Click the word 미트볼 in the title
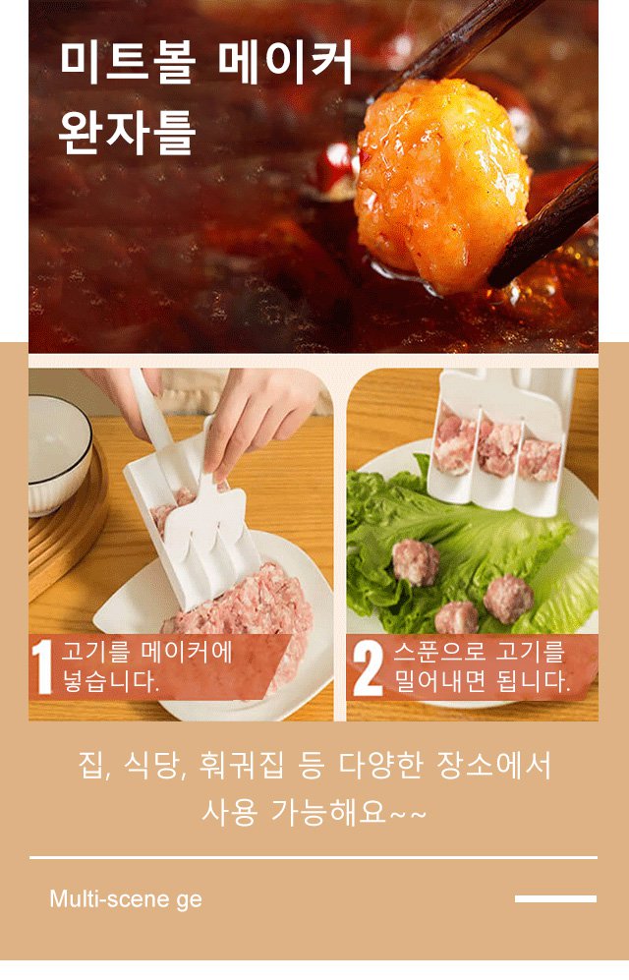pos(129,63)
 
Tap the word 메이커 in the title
pos(286,63)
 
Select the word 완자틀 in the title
pos(128,133)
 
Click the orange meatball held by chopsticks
pos(441,185)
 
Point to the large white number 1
pos(42,666)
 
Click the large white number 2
pos(368,668)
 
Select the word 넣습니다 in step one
pos(107,681)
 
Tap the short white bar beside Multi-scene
pos(555,898)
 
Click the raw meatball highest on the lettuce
pos(416,562)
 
